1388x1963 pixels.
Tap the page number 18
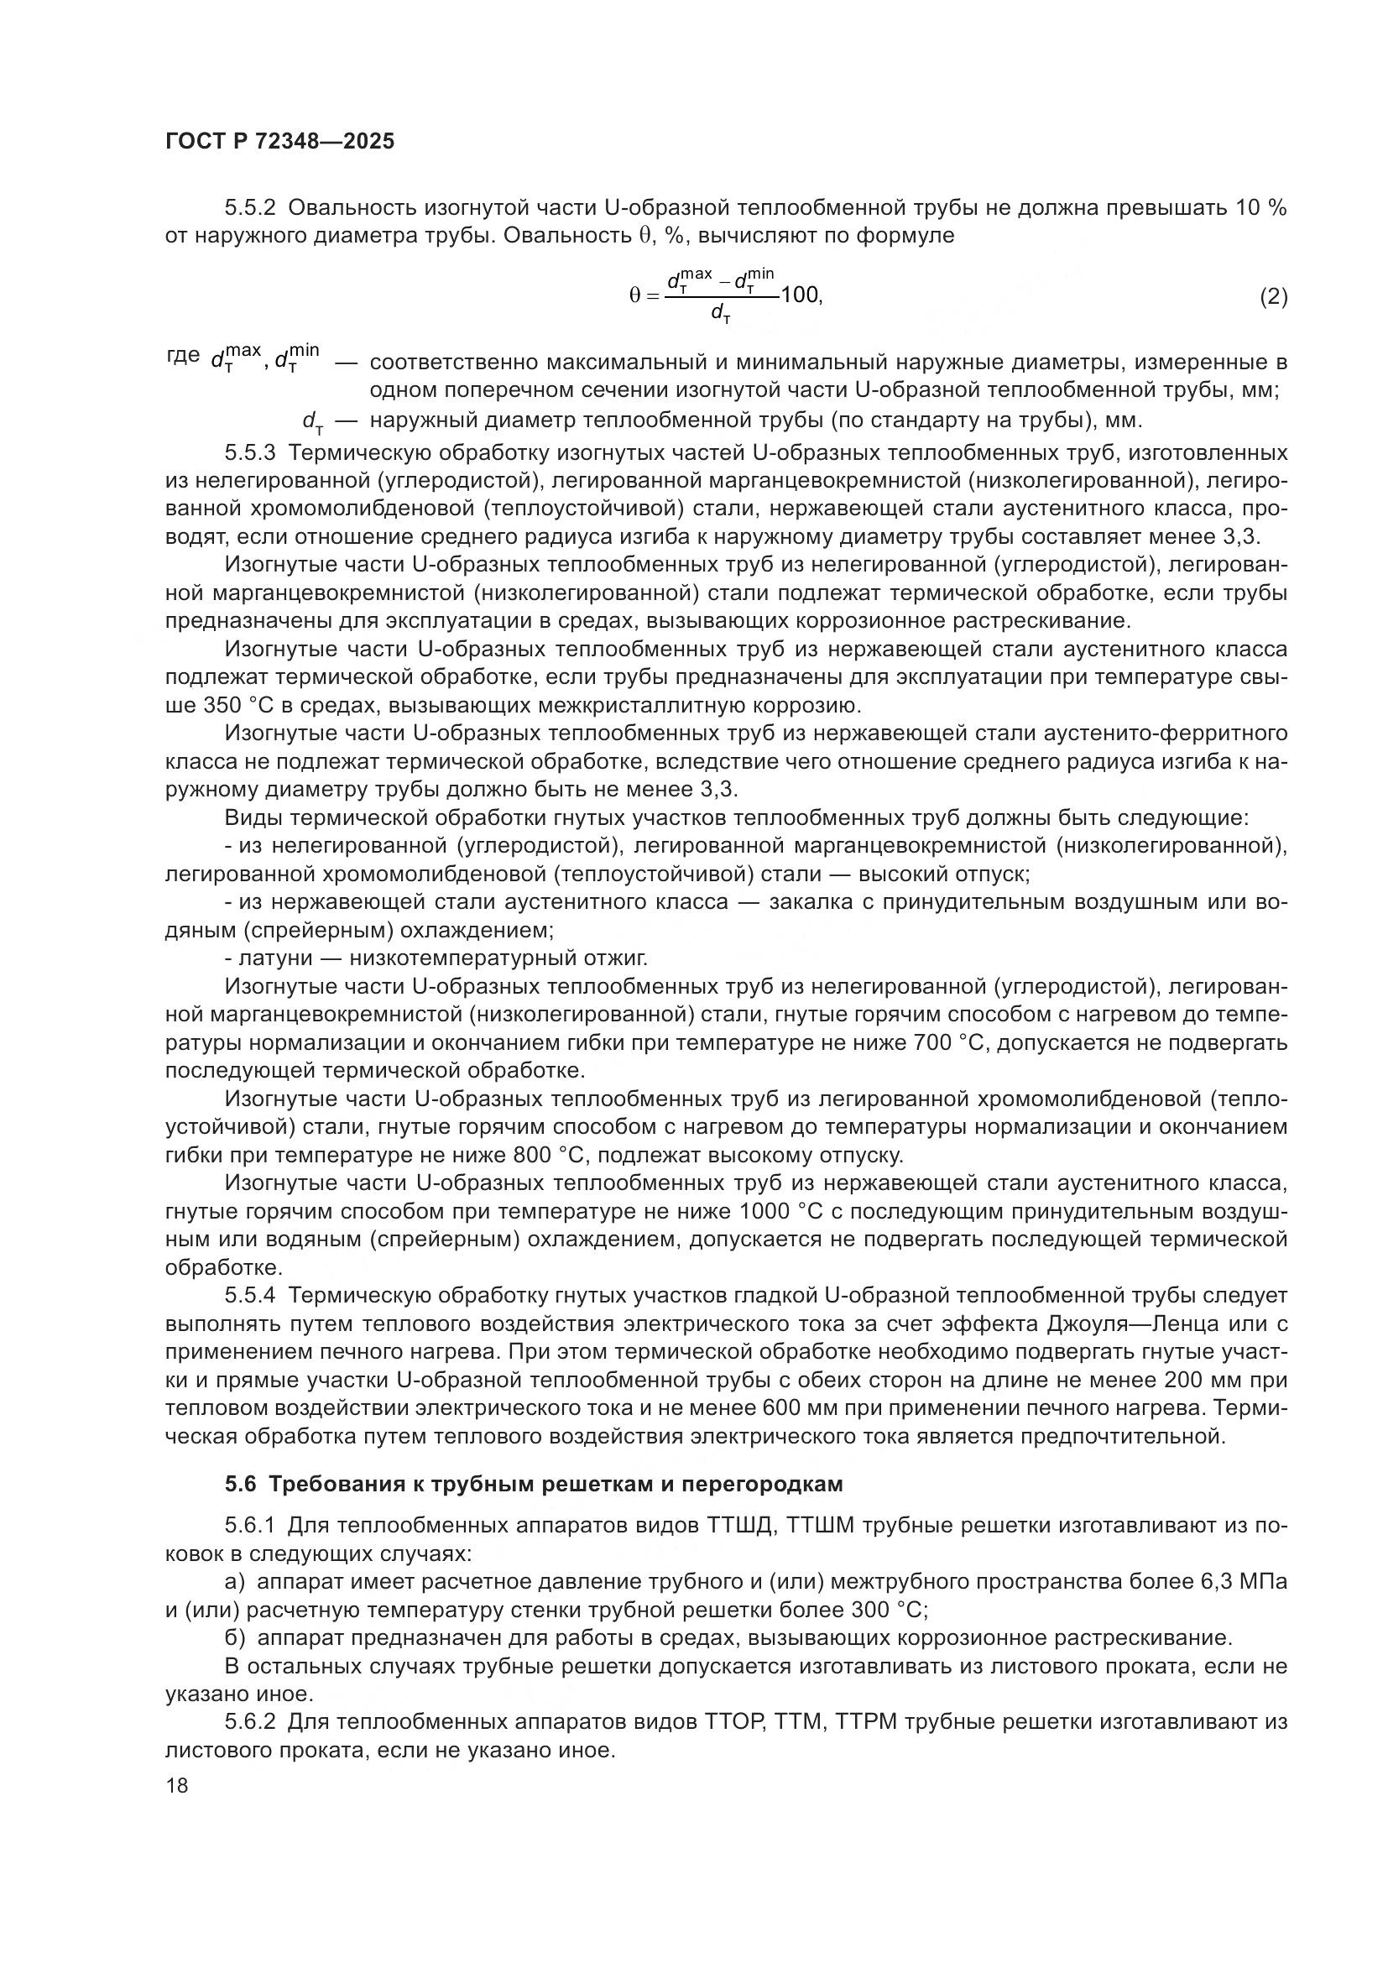(x=176, y=1786)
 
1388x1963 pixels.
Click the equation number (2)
(x=1273, y=296)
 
